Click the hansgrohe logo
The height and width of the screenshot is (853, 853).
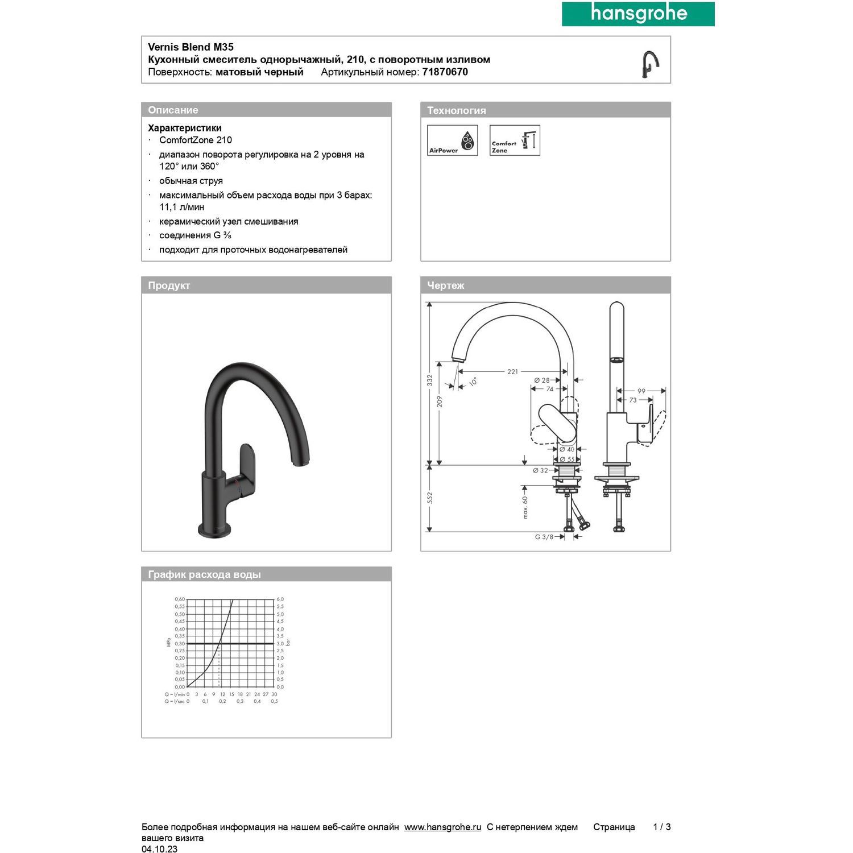[638, 14]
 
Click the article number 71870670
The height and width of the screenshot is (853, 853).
[445, 72]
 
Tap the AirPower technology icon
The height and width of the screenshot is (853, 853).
[452, 140]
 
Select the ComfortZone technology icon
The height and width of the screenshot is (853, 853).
[515, 140]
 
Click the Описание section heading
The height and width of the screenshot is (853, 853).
[173, 110]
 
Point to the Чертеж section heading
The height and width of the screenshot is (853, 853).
[445, 285]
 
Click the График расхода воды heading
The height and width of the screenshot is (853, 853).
[204, 574]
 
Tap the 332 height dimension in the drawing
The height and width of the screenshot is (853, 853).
[430, 380]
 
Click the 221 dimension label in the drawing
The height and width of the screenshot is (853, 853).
[512, 371]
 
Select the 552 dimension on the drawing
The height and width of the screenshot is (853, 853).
[430, 498]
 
